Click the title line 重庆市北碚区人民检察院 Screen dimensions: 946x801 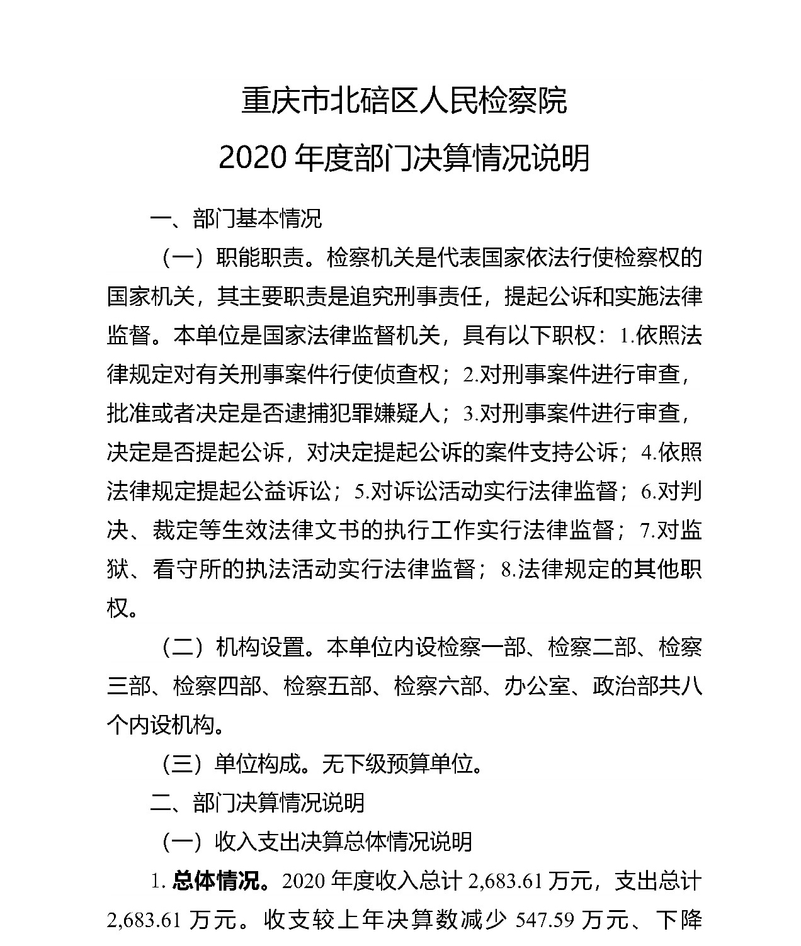coord(404,101)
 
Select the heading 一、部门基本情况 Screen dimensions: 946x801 coord(236,218)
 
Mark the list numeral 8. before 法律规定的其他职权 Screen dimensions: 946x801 coord(509,570)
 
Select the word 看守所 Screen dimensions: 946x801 coord(185,570)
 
